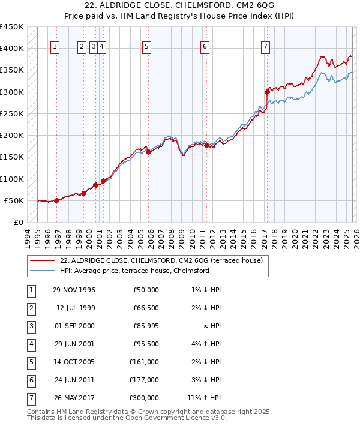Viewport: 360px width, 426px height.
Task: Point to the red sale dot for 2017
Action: (x=267, y=92)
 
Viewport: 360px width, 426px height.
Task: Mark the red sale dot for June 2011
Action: (x=206, y=145)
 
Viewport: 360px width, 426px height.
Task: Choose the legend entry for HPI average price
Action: (x=134, y=271)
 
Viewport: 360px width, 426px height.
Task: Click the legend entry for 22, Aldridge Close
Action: (x=156, y=260)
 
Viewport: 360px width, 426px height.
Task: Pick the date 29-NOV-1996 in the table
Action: (x=74, y=290)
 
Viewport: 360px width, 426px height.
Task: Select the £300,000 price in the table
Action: (x=144, y=398)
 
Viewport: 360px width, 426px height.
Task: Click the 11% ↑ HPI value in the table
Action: (x=203, y=398)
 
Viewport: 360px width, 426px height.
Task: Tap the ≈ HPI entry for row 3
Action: (x=211, y=326)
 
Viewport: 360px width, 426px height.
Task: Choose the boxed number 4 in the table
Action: (x=30, y=344)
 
